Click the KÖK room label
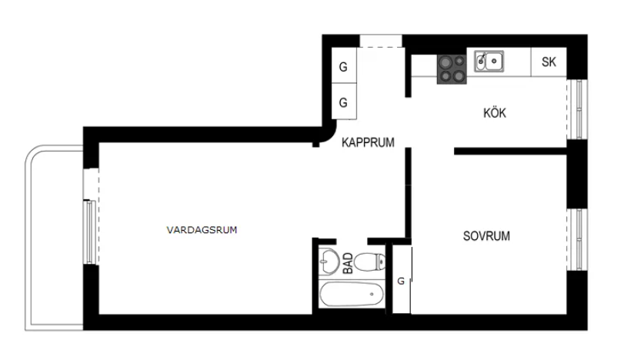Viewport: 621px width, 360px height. pos(495,113)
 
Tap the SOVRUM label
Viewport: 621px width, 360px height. pos(486,236)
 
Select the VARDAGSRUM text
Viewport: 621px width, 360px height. pos(202,230)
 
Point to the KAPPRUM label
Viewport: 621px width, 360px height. pos(368,142)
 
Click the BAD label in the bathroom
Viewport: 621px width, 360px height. pos(348,263)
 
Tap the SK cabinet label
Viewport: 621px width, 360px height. pos(549,62)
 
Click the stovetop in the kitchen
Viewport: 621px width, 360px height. pos(452,69)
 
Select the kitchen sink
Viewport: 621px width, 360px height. pos(489,62)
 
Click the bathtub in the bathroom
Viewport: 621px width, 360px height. pos(352,295)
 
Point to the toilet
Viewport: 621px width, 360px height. pos(369,262)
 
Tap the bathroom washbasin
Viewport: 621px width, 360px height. pos(329,261)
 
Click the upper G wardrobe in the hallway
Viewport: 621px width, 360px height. pos(344,65)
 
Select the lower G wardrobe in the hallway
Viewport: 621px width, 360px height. pos(344,102)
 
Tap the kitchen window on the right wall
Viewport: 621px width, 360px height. pos(576,109)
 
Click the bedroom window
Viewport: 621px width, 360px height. pos(576,239)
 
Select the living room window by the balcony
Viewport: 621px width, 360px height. pos(90,232)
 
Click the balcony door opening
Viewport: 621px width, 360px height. pos(91,183)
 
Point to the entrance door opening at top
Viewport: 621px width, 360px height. pos(381,42)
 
